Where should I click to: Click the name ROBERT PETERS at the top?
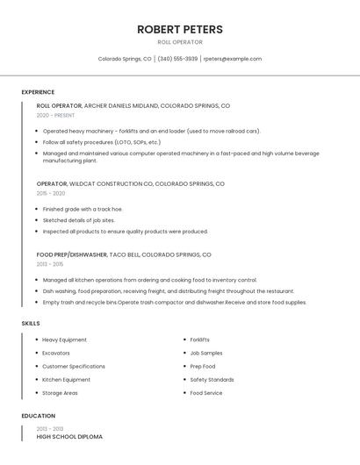click(x=180, y=29)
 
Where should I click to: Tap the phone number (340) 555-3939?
click(x=177, y=59)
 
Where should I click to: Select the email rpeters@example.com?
click(x=232, y=59)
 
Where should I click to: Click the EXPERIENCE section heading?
click(x=38, y=92)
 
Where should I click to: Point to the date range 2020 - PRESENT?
click(x=55, y=115)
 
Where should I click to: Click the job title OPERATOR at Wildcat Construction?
click(x=52, y=184)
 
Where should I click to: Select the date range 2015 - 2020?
click(x=51, y=193)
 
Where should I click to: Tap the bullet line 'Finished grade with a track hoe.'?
click(x=83, y=209)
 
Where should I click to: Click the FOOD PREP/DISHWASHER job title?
click(x=72, y=254)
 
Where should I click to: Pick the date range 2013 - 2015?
click(x=50, y=263)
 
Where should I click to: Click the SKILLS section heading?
click(x=31, y=323)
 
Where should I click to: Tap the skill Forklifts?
click(x=199, y=340)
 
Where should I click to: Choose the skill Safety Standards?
click(x=212, y=380)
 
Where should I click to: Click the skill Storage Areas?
click(x=60, y=393)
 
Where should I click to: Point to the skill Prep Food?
click(x=202, y=366)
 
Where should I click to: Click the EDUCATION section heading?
click(x=38, y=416)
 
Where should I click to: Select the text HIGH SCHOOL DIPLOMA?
click(x=69, y=436)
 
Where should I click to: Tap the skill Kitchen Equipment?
click(x=66, y=380)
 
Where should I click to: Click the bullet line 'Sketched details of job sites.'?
click(x=79, y=220)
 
